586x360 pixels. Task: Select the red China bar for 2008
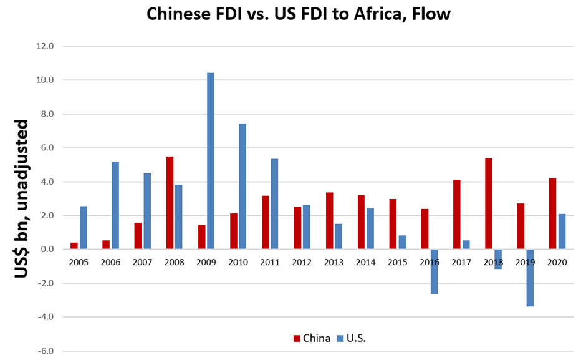click(x=170, y=203)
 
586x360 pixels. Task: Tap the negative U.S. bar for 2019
click(x=530, y=278)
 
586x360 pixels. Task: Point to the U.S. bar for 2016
click(x=434, y=271)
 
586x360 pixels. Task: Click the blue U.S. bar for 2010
click(x=243, y=187)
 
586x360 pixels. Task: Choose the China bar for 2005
click(x=74, y=246)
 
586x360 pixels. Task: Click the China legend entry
click(x=312, y=338)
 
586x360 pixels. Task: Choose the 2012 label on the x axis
click(x=302, y=262)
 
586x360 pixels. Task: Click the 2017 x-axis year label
click(x=461, y=262)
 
